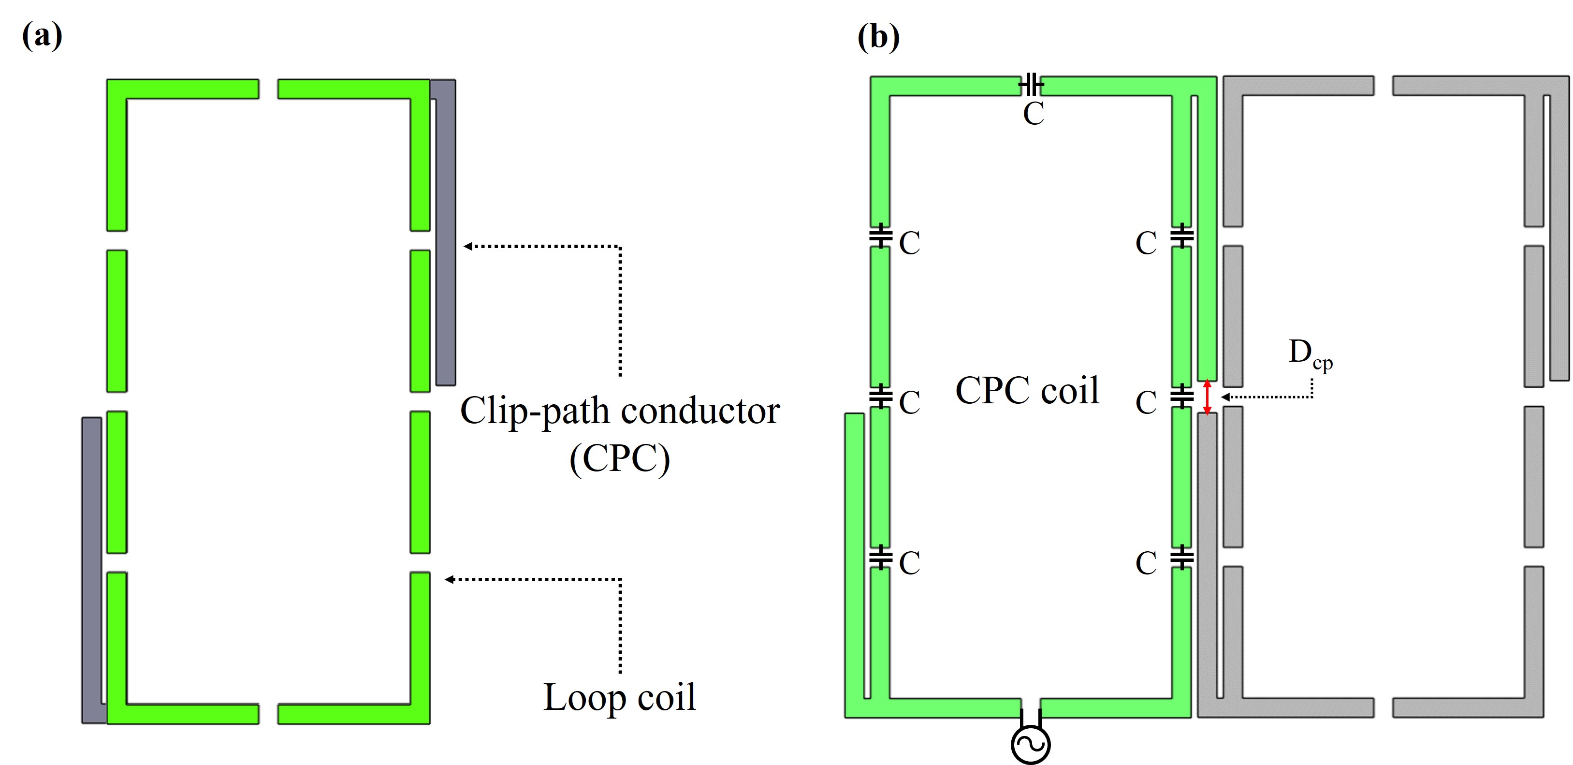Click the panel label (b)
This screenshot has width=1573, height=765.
tap(878, 37)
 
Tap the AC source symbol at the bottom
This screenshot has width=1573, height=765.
tap(1030, 744)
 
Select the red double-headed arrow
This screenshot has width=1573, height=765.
tap(1207, 397)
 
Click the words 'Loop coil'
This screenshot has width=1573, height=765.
tap(619, 697)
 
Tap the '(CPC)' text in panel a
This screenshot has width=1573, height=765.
tap(619, 458)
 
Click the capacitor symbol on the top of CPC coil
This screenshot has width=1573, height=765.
tap(1031, 85)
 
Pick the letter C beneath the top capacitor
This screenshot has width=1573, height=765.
tap(1033, 114)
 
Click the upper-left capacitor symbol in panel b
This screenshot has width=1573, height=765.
tap(880, 236)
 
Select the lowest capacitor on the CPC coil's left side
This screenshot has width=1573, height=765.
tap(880, 557)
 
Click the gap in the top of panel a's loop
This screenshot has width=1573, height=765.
tap(268, 88)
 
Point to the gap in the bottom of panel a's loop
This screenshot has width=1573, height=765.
tap(268, 714)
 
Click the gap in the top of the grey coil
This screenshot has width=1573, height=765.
tap(1383, 86)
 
